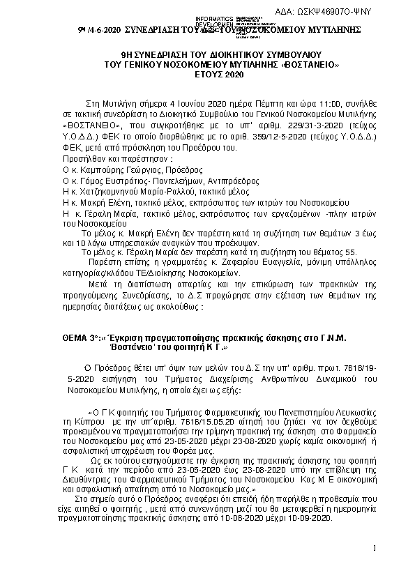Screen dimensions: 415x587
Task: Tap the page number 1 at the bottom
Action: click(375, 549)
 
